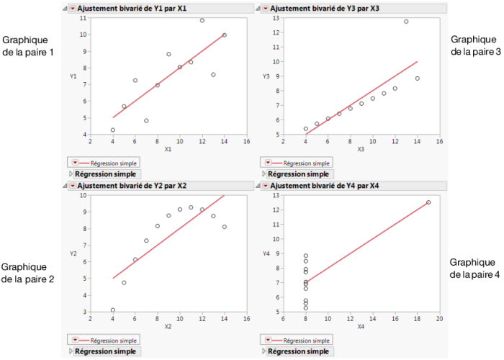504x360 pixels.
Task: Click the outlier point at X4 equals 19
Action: [428, 202]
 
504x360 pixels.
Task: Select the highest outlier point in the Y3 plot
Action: [406, 22]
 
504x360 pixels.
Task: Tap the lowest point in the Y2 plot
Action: [112, 310]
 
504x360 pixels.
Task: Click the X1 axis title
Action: [168, 149]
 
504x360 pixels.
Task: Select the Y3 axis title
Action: [266, 76]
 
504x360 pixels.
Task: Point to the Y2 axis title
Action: [73, 253]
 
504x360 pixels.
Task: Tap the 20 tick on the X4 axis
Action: [439, 318]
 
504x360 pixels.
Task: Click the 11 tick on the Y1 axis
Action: [84, 18]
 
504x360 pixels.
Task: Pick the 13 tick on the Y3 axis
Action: [276, 18]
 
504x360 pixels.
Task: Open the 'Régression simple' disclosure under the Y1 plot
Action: [71, 174]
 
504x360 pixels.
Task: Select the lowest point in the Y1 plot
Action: [112, 130]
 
